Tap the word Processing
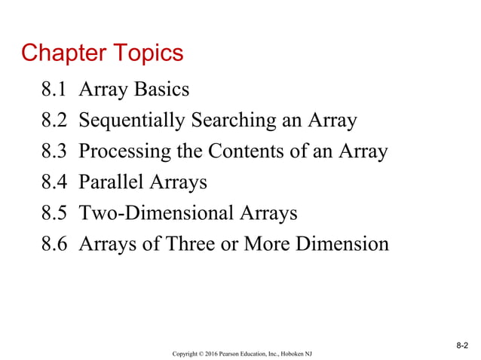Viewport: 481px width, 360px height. click(118, 151)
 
